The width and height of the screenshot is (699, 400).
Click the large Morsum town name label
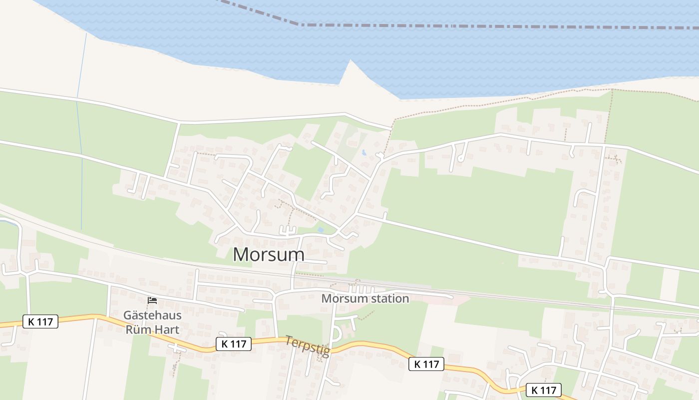[x=269, y=254]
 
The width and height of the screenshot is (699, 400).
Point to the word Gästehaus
[x=152, y=315]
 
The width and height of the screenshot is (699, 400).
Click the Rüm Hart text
[x=152, y=329]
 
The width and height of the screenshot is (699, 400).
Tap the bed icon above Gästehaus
[x=152, y=300]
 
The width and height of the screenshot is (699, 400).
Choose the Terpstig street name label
[x=308, y=346]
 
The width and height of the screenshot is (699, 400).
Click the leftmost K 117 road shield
[x=40, y=321]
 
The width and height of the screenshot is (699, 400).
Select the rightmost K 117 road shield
[x=544, y=390]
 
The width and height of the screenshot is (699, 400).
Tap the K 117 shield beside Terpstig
[x=234, y=344]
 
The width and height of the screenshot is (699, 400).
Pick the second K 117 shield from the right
[x=426, y=364]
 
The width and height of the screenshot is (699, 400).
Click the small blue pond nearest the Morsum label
[x=320, y=230]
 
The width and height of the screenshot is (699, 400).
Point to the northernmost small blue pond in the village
[x=364, y=152]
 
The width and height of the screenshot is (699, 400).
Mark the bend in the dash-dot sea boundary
[x=298, y=24]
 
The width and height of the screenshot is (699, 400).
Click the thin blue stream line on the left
[x=80, y=150]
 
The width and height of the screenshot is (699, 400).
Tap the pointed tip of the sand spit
[x=350, y=60]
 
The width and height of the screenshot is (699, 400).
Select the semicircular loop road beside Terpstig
[x=335, y=332]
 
